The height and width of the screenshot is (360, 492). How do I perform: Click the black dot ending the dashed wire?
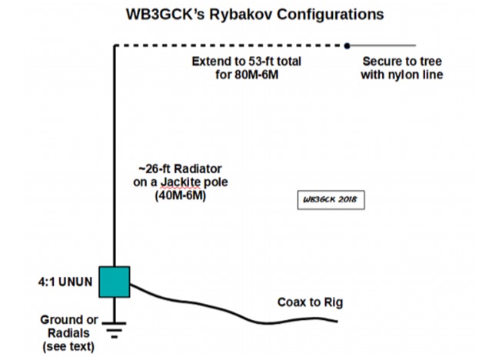pyautogui.click(x=347, y=45)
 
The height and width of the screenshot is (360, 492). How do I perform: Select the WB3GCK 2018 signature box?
pyautogui.click(x=331, y=200)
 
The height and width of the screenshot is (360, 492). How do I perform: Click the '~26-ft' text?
pyautogui.click(x=151, y=169)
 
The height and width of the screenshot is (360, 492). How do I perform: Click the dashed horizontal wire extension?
pyautogui.click(x=231, y=45)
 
